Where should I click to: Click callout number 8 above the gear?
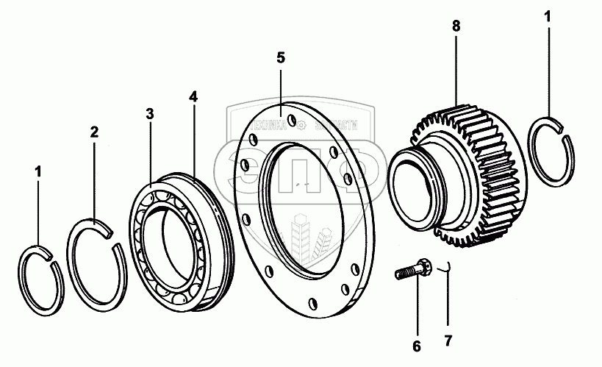[x=456, y=26]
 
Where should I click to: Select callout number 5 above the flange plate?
[x=280, y=57]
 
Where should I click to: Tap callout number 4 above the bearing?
[x=193, y=96]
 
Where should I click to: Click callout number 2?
[x=94, y=132]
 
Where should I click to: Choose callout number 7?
[x=448, y=341]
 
